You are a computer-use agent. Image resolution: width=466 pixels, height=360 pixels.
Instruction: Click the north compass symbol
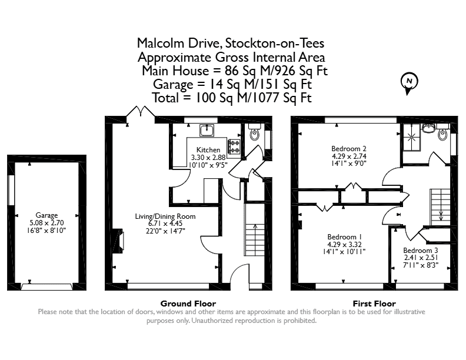click(x=410, y=83)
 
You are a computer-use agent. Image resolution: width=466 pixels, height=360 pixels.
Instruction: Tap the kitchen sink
click(x=207, y=130)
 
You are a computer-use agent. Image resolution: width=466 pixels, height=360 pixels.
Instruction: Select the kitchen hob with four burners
click(x=234, y=146)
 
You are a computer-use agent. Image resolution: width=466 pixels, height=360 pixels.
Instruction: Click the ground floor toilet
click(x=254, y=132)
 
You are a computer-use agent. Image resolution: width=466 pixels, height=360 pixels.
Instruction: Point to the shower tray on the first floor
click(x=412, y=137)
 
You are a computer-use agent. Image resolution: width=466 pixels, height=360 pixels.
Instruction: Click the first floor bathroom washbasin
click(x=428, y=128)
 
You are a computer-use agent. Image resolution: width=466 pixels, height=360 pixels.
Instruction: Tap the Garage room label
click(x=46, y=215)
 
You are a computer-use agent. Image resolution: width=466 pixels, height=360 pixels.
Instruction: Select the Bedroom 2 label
click(x=349, y=148)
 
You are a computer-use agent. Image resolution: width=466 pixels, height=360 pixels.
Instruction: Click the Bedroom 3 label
click(x=421, y=251)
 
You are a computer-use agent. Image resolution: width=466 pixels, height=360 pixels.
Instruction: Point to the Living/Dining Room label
click(x=165, y=216)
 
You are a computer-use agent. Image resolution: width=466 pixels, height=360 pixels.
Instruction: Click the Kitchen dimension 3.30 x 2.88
click(x=208, y=157)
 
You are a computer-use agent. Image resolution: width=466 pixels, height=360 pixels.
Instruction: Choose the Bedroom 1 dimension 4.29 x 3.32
click(x=344, y=245)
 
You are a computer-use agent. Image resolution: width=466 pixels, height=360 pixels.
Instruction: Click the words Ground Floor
click(x=188, y=304)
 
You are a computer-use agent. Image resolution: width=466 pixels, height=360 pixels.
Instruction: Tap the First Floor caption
click(x=374, y=304)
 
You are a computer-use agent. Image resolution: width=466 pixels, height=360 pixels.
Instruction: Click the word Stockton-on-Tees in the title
click(x=275, y=43)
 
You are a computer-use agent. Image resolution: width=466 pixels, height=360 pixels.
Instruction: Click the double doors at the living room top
click(x=140, y=111)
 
